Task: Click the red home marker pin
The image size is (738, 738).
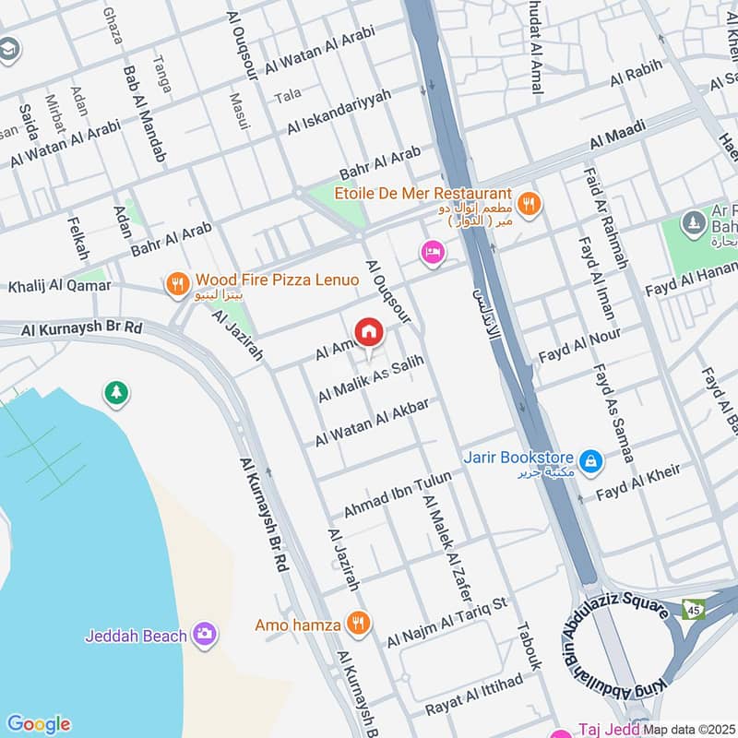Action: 368,332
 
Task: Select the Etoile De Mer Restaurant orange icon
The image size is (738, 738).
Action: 529,204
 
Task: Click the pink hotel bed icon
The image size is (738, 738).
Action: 431,251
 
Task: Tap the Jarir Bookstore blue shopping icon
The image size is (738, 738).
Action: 590,458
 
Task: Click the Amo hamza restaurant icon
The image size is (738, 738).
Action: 357,625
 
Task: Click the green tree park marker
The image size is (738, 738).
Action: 116,393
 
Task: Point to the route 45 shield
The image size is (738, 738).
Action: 692,610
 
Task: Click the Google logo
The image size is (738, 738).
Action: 38,724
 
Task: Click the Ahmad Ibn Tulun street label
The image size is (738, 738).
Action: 398,494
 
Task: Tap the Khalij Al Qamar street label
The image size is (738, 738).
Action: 59,286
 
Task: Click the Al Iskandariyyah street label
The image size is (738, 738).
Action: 339,111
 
